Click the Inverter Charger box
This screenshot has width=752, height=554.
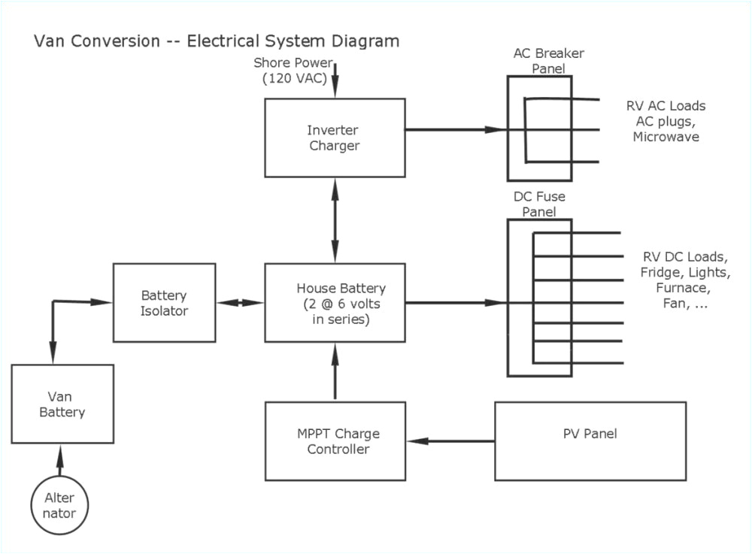pos(335,138)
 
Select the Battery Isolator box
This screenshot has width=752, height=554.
pos(164,302)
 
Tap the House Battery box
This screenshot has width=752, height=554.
pos(335,303)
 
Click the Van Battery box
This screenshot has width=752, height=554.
pos(62,404)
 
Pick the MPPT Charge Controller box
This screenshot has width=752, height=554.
pos(335,441)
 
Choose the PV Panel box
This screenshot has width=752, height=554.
pos(590,441)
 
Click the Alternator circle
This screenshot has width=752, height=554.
pos(59,505)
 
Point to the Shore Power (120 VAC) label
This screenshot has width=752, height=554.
pos(293,70)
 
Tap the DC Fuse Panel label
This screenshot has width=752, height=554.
pos(538,204)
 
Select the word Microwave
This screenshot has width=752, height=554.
pos(666,137)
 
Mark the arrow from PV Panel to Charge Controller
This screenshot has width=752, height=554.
pos(450,440)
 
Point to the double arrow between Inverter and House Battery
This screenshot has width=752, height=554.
pos(335,219)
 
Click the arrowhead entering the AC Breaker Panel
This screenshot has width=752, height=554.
pos(493,129)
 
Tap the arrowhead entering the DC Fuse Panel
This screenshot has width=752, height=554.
pos(493,303)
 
